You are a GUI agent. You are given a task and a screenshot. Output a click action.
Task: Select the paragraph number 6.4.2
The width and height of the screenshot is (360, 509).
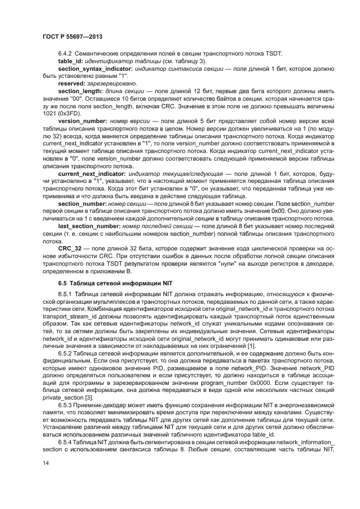click(x=66, y=54)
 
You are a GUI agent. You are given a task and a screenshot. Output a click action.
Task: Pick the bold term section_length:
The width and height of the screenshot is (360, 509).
click(x=82, y=92)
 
